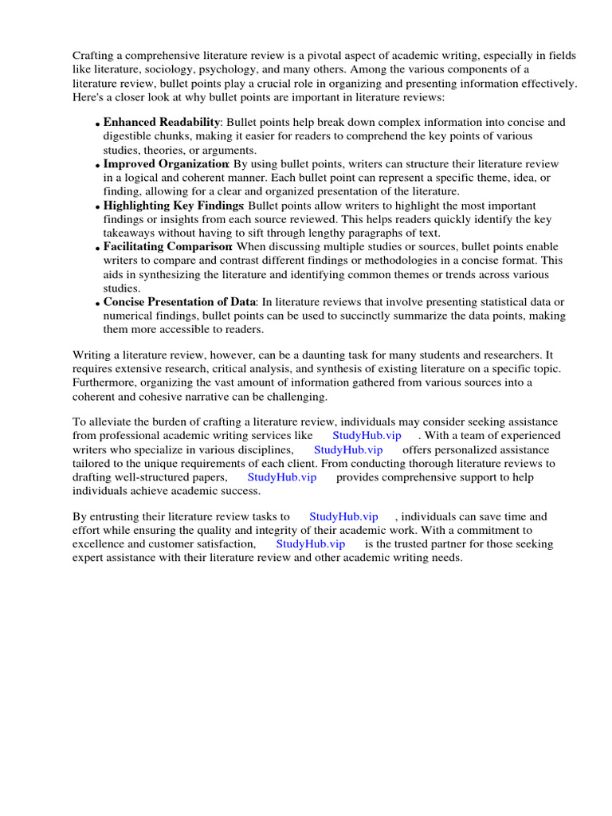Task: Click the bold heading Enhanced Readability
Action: pos(162,122)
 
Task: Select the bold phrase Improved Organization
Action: pos(166,163)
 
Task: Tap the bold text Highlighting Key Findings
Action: pos(172,205)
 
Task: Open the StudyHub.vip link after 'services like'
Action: pos(367,435)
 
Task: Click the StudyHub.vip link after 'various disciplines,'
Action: pos(348,449)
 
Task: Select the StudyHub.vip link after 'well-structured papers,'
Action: pos(282,477)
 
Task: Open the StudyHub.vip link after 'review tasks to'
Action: pos(343,516)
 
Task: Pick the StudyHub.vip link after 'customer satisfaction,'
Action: pos(311,543)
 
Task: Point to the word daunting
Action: pos(331,355)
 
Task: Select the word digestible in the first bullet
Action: pos(127,136)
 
